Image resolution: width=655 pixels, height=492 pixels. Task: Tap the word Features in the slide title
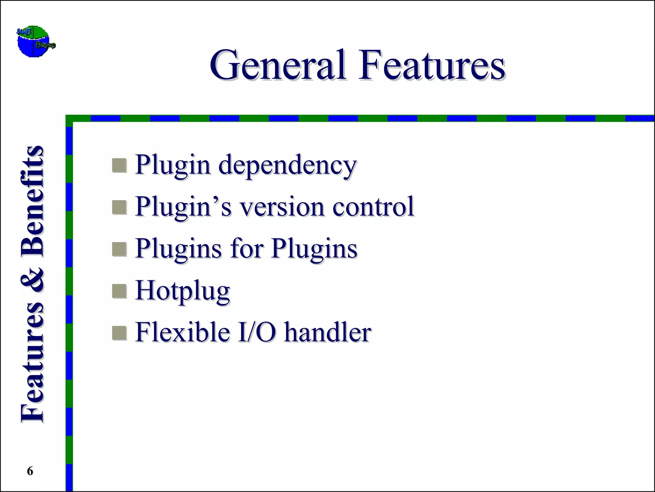(x=432, y=65)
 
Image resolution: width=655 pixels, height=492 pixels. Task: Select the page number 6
(x=30, y=471)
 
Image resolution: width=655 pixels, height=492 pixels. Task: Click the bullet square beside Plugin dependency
(x=119, y=166)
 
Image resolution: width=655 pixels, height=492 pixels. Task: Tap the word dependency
(x=287, y=166)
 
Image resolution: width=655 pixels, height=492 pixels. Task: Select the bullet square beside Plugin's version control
(x=119, y=207)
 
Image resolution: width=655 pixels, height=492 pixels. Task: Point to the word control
(x=373, y=207)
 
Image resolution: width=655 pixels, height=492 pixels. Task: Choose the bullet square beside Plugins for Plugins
(x=119, y=249)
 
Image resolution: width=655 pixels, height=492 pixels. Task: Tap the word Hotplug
(x=183, y=291)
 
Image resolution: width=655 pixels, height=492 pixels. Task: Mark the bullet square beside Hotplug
(x=119, y=291)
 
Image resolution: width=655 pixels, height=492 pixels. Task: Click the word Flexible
(x=183, y=332)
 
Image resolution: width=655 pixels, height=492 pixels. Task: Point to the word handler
(x=328, y=332)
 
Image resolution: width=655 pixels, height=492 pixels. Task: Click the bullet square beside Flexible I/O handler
(x=119, y=333)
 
